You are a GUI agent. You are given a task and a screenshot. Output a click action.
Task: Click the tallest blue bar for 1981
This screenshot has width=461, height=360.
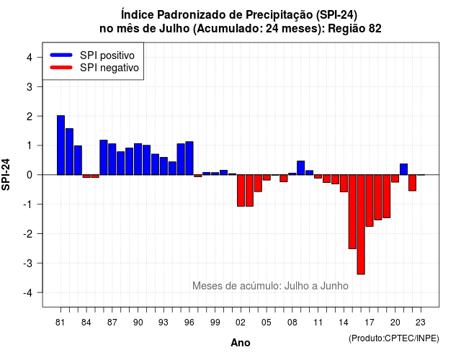[61, 145]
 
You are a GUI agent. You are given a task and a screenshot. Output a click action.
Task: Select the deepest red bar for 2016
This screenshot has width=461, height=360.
[361, 225]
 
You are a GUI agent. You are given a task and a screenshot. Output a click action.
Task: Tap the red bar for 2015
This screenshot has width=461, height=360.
[352, 212]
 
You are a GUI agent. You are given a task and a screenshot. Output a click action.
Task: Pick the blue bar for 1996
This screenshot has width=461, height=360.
[189, 158]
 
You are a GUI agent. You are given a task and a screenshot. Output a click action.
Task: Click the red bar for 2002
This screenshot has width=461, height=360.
[241, 190]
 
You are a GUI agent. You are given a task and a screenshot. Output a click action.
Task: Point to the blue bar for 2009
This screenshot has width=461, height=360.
[301, 168]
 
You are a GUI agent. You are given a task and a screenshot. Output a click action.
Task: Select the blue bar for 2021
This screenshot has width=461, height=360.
[403, 169]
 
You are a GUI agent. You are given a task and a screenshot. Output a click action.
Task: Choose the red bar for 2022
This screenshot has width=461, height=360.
[412, 183]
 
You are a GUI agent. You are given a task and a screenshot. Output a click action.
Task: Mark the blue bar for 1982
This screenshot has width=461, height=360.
[69, 152]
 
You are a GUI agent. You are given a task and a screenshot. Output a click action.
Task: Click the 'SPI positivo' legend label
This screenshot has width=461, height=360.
[107, 55]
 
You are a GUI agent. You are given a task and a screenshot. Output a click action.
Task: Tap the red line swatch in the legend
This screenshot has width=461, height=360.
[61, 68]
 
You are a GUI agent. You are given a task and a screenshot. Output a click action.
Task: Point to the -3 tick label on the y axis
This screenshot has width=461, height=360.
[28, 263]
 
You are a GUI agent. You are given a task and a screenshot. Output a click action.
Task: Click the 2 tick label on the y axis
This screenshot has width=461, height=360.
[30, 117]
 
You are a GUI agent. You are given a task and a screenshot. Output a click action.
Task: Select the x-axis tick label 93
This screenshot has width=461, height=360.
[164, 323]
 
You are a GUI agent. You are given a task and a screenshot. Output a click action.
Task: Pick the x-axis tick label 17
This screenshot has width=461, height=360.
[370, 323]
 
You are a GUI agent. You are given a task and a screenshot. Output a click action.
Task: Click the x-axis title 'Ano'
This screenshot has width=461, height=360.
[241, 343]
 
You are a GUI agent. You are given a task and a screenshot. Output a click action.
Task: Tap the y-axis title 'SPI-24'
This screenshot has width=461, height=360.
[6, 174]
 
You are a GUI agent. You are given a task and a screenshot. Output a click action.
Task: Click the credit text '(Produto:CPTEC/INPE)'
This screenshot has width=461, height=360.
[394, 338]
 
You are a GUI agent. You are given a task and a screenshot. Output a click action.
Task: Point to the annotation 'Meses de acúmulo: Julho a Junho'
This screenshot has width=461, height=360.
[270, 286]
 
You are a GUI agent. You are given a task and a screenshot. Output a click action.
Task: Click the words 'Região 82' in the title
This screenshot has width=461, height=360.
[354, 29]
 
